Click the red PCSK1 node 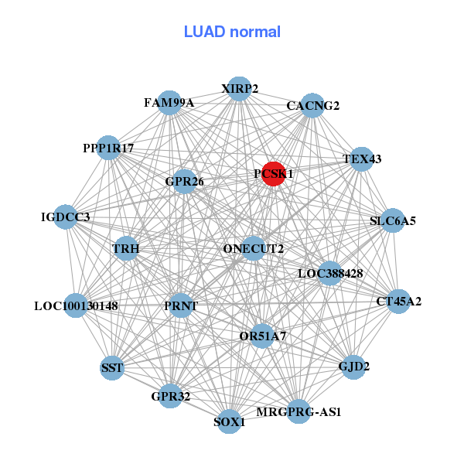[272, 173]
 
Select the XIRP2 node [239, 89]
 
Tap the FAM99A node [169, 103]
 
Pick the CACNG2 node [312, 106]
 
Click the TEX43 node [362, 159]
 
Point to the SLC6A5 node [393, 220]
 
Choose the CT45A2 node [398, 301]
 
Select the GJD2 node [353, 366]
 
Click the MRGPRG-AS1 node [299, 411]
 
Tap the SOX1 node [229, 421]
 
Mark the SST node [112, 367]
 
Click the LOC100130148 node [76, 305]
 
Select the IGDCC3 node [66, 217]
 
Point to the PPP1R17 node [108, 148]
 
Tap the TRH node [125, 249]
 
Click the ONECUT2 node [253, 248]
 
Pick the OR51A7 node [263, 336]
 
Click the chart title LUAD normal [232, 32]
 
